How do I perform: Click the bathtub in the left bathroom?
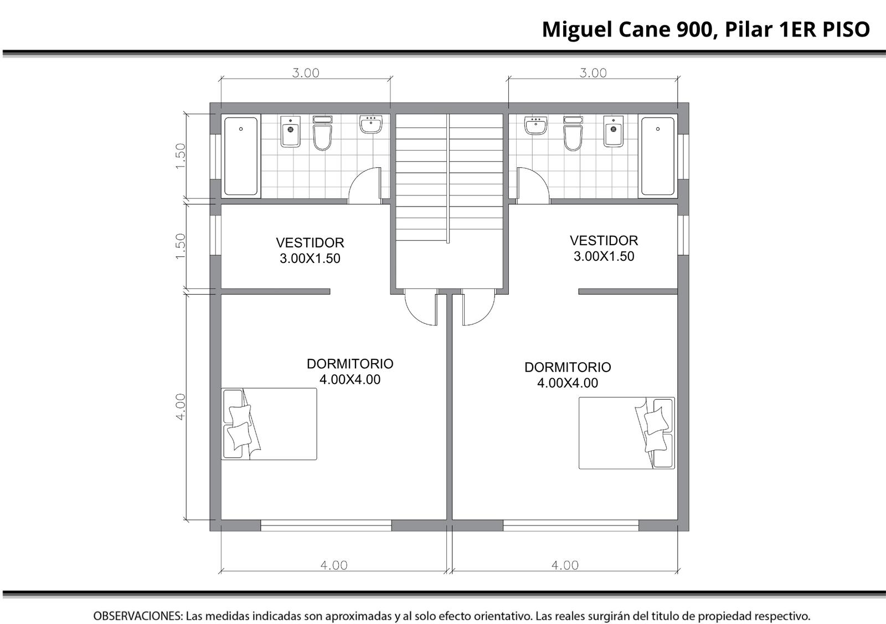click(x=241, y=156)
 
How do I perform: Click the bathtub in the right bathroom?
click(x=657, y=156)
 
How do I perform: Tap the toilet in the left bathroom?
click(x=322, y=133)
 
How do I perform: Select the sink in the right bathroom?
click(x=535, y=125)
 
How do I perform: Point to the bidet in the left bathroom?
click(x=290, y=131)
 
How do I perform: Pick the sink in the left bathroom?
click(x=371, y=124)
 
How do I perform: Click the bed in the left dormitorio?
click(x=269, y=424)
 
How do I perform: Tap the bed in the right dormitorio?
click(x=627, y=433)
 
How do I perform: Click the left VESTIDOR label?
click(x=310, y=243)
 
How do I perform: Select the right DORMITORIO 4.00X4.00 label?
click(x=568, y=375)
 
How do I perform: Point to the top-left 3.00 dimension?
click(x=306, y=73)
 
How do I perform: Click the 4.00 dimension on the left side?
click(x=181, y=406)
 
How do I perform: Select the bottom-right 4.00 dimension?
click(x=565, y=565)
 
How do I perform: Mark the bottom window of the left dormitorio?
click(x=326, y=525)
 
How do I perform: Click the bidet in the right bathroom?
click(x=614, y=131)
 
